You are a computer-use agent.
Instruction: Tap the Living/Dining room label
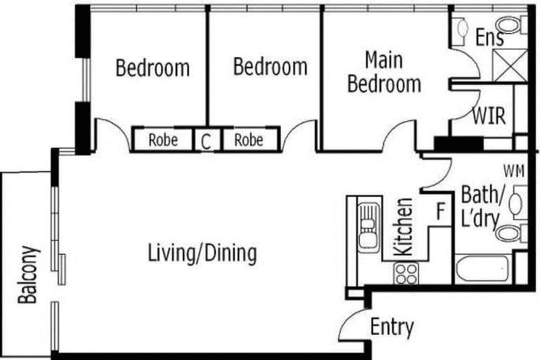tap(202, 253)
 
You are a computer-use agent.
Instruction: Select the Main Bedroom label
tap(384, 72)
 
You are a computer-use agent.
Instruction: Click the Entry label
tap(392, 327)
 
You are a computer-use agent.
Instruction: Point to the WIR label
tap(489, 115)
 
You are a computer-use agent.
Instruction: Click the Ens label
tap(490, 37)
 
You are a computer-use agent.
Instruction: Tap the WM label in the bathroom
tap(514, 171)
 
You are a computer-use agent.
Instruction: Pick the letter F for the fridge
tap(441, 211)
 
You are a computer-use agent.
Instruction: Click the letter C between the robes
tap(206, 141)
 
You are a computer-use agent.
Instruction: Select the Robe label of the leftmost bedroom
tap(163, 140)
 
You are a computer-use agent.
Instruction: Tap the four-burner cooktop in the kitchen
tap(406, 274)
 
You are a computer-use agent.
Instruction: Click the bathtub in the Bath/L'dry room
tap(482, 268)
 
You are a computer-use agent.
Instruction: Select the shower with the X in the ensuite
tap(510, 66)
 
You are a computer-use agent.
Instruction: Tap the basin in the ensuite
tap(462, 28)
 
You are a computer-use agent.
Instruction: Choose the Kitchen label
tap(404, 227)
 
